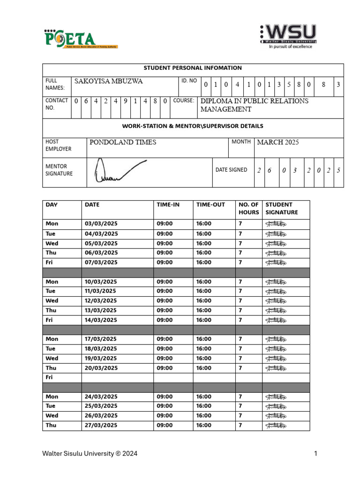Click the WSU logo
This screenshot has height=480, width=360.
coord(288,36)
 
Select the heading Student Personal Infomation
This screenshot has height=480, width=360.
coord(193,68)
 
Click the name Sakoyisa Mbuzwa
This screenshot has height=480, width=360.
coord(109,82)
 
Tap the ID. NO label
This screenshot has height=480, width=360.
coord(189,81)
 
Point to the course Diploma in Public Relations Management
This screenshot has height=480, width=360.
coord(254,105)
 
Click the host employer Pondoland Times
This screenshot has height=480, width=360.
coord(123,142)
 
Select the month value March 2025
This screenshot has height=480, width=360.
coord(277,142)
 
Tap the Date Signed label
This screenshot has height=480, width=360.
coord(231,170)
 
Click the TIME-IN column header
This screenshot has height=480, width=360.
coord(168,205)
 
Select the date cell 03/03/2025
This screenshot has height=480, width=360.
coord(101,224)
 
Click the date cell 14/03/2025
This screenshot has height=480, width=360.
coord(101,320)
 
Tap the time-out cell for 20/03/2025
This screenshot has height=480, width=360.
coord(204,368)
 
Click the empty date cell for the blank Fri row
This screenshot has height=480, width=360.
coord(117,377)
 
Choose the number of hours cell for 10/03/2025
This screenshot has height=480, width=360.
coord(240,282)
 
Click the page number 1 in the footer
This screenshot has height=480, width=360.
coord(316,453)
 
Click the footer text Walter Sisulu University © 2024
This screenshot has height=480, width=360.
coord(90,453)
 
